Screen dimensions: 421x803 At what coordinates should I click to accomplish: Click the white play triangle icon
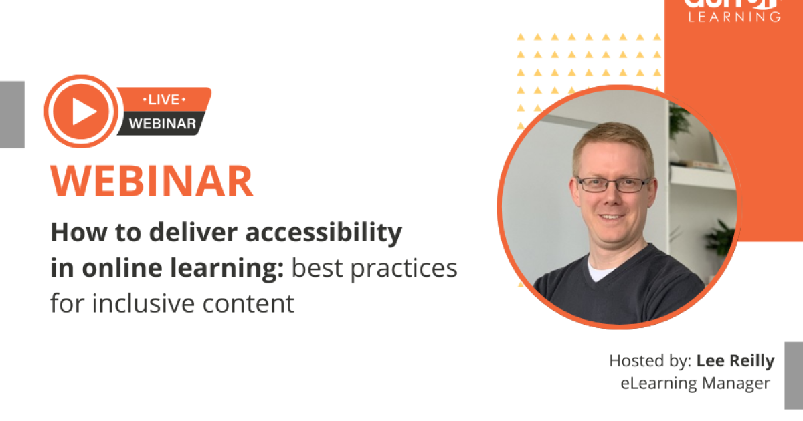click(84, 111)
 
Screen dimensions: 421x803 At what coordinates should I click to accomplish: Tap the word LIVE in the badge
click(163, 100)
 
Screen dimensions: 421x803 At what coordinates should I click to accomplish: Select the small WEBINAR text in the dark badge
click(162, 123)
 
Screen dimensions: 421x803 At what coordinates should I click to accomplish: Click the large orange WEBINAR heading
click(152, 181)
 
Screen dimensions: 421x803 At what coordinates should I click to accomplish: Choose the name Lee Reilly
click(735, 362)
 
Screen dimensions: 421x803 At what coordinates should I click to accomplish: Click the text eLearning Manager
click(695, 383)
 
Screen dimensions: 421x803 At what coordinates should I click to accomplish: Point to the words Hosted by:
click(650, 362)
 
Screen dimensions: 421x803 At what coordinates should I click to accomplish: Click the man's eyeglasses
click(612, 184)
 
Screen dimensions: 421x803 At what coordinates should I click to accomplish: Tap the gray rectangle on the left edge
click(11, 114)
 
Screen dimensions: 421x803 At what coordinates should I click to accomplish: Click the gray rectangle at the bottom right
click(794, 375)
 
